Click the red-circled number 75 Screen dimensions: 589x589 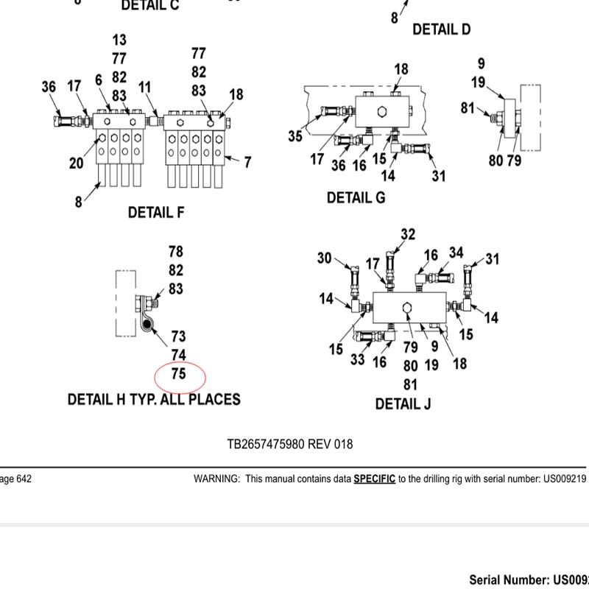click(179, 375)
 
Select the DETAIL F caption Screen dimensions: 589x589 click(156, 213)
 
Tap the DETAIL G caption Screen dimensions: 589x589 click(356, 198)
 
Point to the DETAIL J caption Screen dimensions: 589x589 click(403, 404)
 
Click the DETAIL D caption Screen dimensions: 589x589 click(441, 29)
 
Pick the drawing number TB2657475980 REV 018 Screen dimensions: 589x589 click(289, 444)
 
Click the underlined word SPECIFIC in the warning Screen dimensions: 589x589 click(374, 479)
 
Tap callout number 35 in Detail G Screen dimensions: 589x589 click(295, 136)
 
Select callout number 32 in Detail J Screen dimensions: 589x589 click(408, 234)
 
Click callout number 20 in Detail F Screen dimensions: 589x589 click(77, 163)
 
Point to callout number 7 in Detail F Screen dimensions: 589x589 click(247, 162)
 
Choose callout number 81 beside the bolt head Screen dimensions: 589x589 click(468, 107)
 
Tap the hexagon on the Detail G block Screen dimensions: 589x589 click(381, 112)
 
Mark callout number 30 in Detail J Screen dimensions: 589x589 click(325, 258)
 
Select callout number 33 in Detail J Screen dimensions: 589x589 click(358, 360)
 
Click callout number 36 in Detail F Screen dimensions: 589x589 click(49, 87)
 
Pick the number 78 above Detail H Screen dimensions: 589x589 click(175, 252)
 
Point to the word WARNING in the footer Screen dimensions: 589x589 click(216, 479)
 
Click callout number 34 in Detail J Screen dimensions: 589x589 click(456, 253)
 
